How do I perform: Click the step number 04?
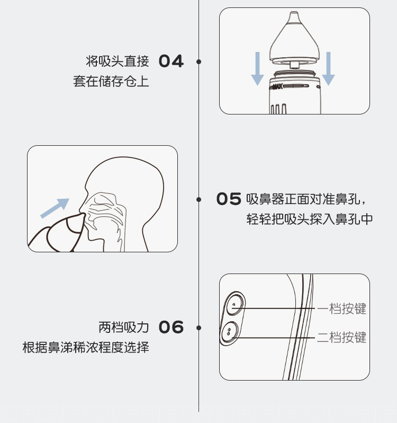click(171, 61)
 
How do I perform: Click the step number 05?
click(229, 199)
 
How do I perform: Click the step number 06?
click(171, 327)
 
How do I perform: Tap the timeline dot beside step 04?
click(199, 62)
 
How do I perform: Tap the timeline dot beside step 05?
click(199, 199)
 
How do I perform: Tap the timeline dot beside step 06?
click(199, 328)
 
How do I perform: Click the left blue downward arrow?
click(257, 68)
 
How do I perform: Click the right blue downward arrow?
click(328, 68)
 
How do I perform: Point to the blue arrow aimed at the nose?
click(55, 208)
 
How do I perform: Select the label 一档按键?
click(342, 309)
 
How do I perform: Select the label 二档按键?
click(342, 338)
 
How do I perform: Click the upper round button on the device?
click(235, 304)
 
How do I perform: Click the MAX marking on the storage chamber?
click(277, 87)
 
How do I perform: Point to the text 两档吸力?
click(124, 327)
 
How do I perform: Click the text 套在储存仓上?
click(111, 81)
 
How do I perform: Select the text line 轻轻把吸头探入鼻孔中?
click(310, 219)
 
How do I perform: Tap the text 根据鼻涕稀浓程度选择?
click(86, 347)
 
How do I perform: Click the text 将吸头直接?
click(118, 61)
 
